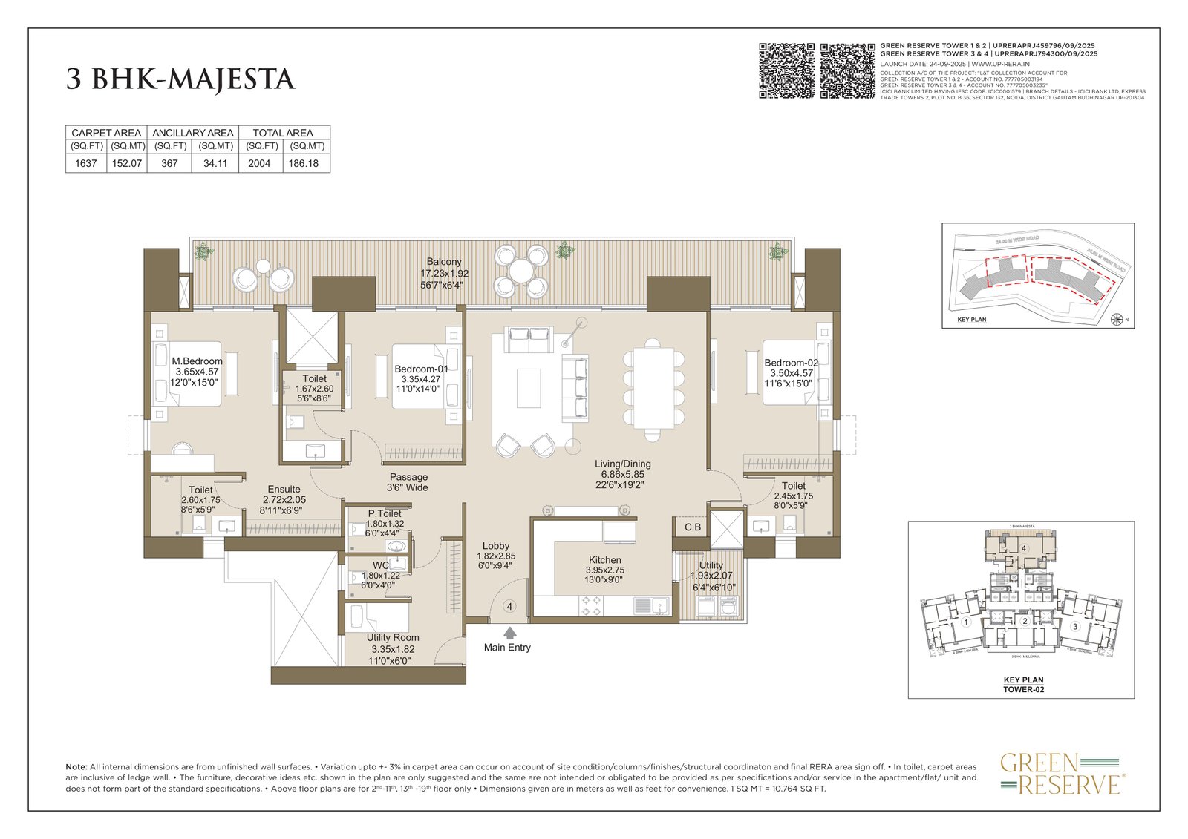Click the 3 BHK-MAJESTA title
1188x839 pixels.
[x=180, y=79]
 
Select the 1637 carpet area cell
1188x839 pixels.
[x=86, y=163]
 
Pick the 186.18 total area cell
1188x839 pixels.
[x=303, y=163]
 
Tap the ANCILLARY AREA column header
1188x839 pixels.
[x=193, y=133]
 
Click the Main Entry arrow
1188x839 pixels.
[x=509, y=633]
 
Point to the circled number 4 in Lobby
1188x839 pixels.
[x=509, y=606]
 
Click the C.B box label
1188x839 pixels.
[x=692, y=527]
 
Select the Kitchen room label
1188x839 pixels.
[x=604, y=560]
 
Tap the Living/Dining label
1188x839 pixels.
[x=622, y=464]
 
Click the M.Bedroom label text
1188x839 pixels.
[x=197, y=361]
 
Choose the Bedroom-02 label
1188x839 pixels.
[x=792, y=363]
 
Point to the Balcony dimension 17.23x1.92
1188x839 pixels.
[x=444, y=273]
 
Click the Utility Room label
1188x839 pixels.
[x=393, y=637]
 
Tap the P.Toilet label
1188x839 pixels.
[x=385, y=513]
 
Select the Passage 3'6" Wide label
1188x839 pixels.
[x=408, y=482]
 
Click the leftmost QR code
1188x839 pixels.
[x=786, y=70]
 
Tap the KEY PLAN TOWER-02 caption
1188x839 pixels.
[x=1023, y=684]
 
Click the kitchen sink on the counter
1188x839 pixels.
[x=642, y=605]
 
